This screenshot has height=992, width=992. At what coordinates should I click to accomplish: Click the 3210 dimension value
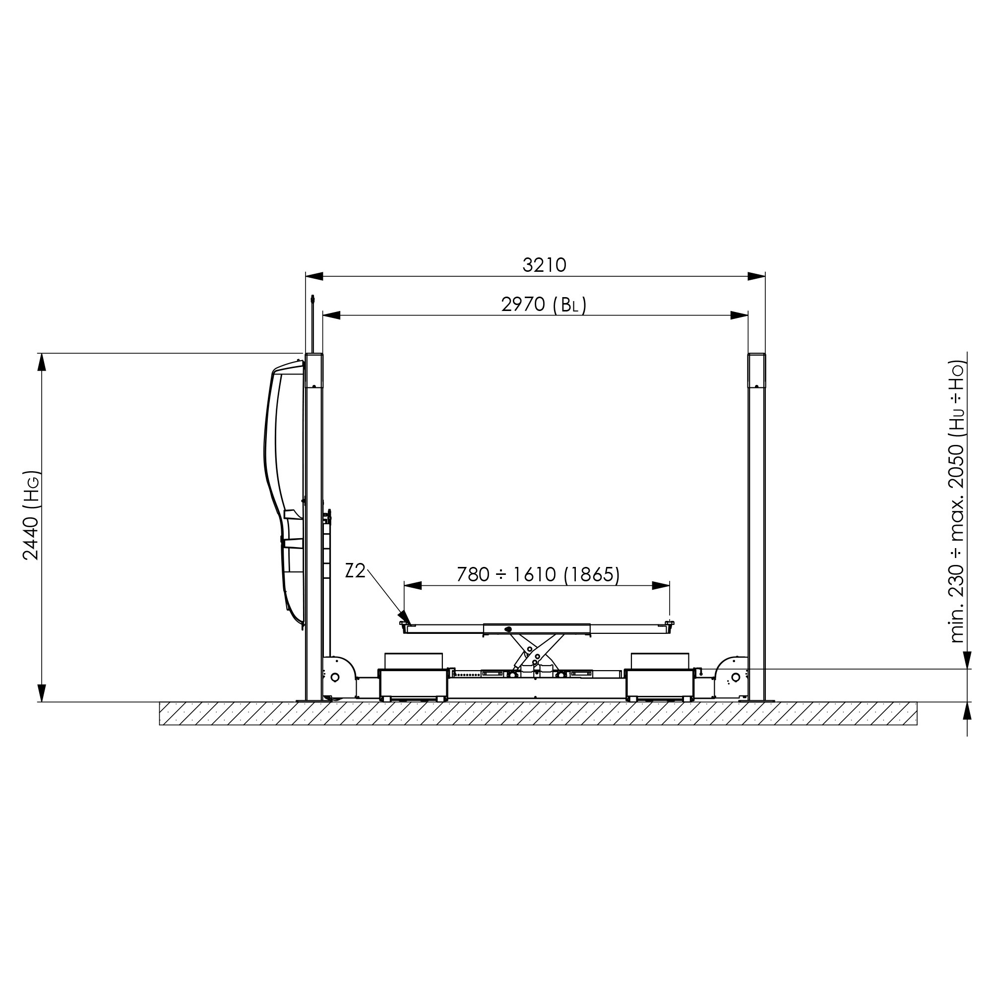pyautogui.click(x=544, y=265)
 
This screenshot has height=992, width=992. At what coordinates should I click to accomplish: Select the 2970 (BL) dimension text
pyautogui.click(x=544, y=305)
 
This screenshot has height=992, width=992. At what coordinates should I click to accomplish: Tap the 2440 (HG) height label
pyautogui.click(x=31, y=515)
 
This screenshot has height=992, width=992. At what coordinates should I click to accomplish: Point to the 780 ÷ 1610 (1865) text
pyautogui.click(x=538, y=574)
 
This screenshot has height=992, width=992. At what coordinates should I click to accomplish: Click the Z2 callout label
pyautogui.click(x=355, y=571)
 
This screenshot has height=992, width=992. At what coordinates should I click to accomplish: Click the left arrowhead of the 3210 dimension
pyautogui.click(x=314, y=276)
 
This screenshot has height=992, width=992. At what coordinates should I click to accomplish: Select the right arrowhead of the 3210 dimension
pyautogui.click(x=756, y=276)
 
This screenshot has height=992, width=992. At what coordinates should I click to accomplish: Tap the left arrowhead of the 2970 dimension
pyautogui.click(x=332, y=316)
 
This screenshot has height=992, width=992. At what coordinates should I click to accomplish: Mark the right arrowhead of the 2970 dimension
pyautogui.click(x=740, y=316)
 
